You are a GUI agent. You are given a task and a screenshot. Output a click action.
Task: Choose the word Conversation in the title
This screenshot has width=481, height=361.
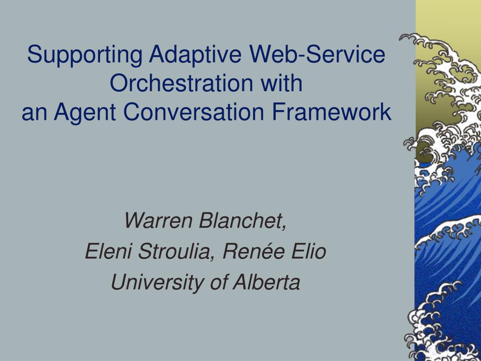(194, 111)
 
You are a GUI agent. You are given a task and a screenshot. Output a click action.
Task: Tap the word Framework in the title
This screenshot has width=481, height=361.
(331, 111)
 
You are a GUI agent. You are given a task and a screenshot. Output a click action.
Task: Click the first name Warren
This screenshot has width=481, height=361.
(158, 220)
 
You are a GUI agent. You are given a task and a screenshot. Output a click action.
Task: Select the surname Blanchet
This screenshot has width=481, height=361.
(240, 220)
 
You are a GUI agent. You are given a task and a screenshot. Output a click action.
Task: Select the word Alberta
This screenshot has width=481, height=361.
(266, 282)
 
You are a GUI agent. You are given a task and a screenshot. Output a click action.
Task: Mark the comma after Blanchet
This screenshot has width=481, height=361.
(284, 227)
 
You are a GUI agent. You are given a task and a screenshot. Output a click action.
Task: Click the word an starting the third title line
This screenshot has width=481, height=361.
(34, 114)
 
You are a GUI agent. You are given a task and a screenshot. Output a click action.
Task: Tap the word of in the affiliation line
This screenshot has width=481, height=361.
(219, 282)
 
